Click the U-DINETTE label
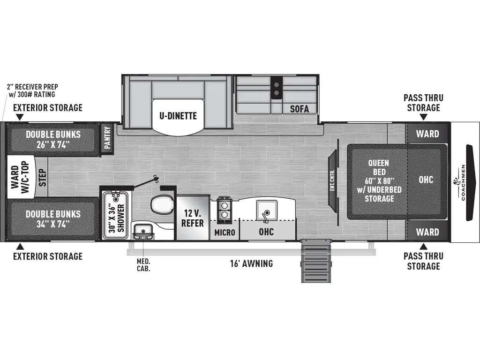[178, 116]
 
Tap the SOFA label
[299, 109]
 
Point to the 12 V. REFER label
[193, 217]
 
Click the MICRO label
[225, 232]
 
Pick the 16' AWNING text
[251, 263]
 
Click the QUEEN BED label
[378, 180]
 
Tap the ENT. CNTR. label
[332, 180]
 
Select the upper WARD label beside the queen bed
[427, 134]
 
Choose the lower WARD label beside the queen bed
[427, 232]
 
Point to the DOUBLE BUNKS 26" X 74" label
[53, 139]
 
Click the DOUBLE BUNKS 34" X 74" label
[53, 218]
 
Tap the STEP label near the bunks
[42, 178]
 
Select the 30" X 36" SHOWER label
[116, 217]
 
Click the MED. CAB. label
[143, 265]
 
